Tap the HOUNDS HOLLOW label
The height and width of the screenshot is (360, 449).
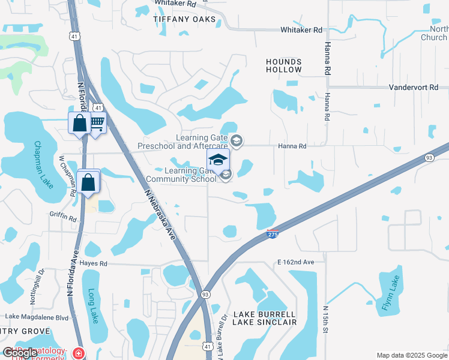pyautogui.click(x=285, y=66)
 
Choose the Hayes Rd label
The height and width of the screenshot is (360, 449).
pyautogui.click(x=94, y=263)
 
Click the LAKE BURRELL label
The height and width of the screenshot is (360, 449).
pyautogui.click(x=264, y=314)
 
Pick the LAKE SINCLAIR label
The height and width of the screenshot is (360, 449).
pyautogui.click(x=264, y=322)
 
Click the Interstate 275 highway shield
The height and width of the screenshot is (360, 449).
pyautogui.click(x=272, y=234)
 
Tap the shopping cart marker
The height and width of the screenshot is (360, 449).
pyautogui.click(x=96, y=123)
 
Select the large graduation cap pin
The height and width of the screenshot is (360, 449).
pyautogui.click(x=218, y=160)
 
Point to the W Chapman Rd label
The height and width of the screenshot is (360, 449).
pyautogui.click(x=62, y=171)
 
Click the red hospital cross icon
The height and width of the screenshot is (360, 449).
pyautogui.click(x=78, y=353)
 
